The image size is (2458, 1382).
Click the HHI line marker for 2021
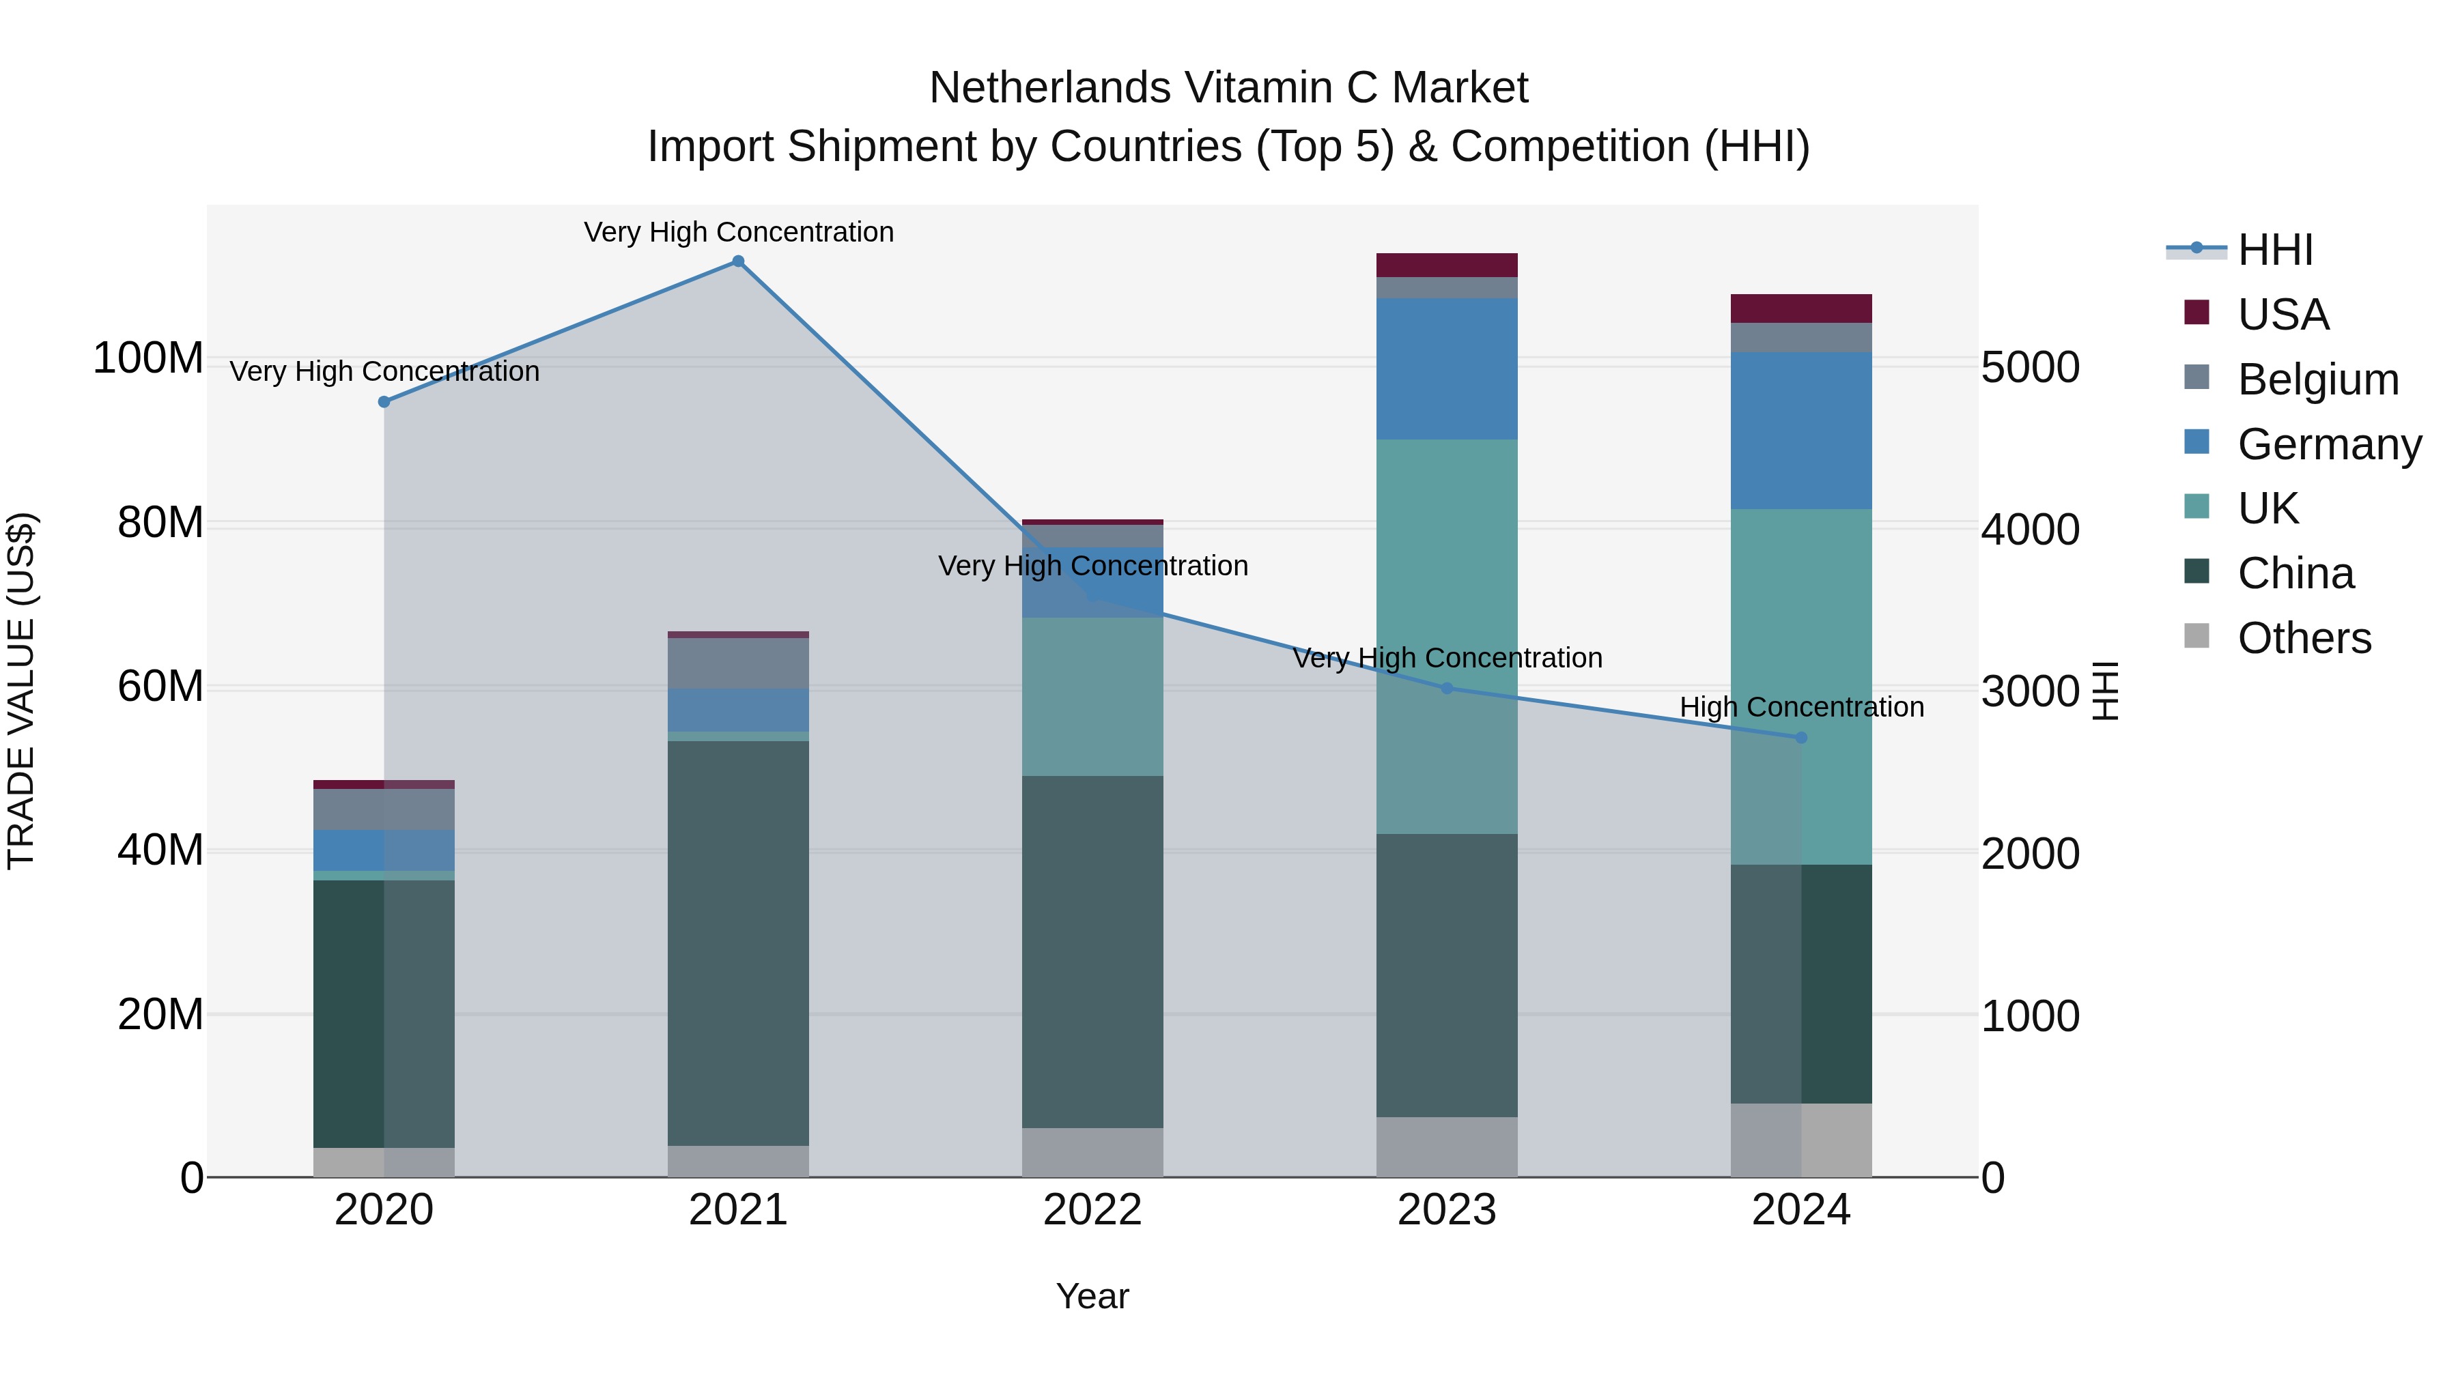coord(737,261)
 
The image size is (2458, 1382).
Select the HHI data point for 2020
coord(384,401)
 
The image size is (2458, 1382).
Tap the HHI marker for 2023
coord(1447,688)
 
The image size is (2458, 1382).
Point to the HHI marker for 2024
coord(1800,737)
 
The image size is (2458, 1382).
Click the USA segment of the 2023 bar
coord(1447,265)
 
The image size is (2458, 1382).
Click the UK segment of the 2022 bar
coord(1092,696)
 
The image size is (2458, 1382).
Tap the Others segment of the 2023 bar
coord(1447,1147)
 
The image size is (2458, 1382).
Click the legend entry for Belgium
coord(2317,379)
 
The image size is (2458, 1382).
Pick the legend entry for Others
coord(2304,638)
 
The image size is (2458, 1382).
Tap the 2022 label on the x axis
coord(1092,1210)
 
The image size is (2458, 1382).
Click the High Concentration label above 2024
coord(1800,708)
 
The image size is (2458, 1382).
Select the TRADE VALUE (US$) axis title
coord(21,691)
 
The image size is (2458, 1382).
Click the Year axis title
coord(1092,1296)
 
